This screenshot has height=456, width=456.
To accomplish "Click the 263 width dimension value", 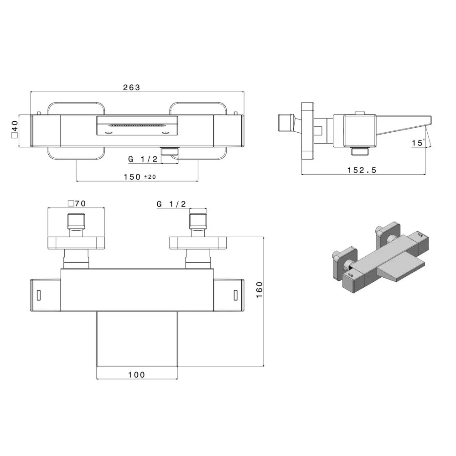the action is pos(131,87).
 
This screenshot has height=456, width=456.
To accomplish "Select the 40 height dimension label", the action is pos(14,129).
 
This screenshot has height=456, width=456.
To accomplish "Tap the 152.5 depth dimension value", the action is pos(362,170).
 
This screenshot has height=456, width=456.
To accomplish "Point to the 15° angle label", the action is pos(418,143).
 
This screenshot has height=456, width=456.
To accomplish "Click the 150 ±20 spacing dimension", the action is pos(140,176).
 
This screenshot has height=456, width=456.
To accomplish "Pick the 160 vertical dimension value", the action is pos(259,290).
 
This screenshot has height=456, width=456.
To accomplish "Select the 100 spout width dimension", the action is pos(136,374).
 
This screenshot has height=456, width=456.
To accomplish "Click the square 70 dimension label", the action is pos(77,203).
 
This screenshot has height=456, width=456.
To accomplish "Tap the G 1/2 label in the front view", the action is pos(143,159).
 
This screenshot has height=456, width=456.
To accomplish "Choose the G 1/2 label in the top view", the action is pos(171,204).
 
